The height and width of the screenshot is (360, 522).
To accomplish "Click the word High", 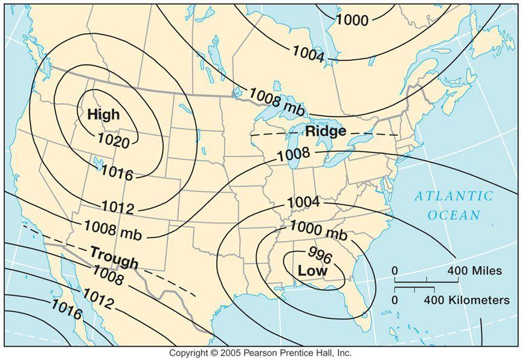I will [103, 114].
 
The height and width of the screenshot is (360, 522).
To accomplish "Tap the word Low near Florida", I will [312, 271].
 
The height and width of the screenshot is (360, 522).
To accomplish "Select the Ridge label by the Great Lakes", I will [326, 131].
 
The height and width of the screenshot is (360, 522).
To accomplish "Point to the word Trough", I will [114, 257].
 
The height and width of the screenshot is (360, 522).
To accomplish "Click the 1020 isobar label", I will [113, 142].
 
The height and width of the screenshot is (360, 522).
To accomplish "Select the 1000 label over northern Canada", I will [352, 21].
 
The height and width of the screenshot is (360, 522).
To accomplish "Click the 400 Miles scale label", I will [474, 271].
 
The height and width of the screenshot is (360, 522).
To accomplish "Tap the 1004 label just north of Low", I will [303, 202].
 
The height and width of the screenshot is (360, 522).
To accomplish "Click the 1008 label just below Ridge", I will [293, 154].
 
